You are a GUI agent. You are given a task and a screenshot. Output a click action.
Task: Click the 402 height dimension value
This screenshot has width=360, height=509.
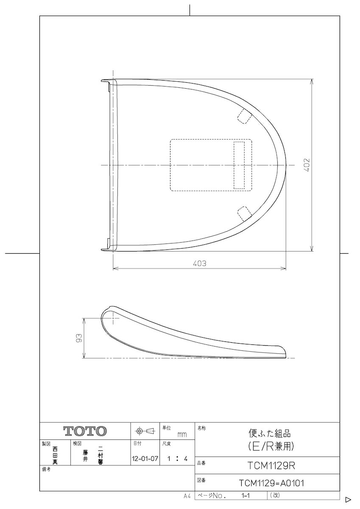(307, 165)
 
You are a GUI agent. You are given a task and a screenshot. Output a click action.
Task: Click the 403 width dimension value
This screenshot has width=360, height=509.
(199, 263)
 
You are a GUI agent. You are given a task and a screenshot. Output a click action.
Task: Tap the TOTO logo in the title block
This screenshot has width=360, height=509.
(85, 431)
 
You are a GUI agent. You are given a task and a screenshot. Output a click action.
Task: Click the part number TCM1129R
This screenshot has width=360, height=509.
(271, 466)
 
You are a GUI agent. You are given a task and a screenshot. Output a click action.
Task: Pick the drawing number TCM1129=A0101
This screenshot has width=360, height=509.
(271, 483)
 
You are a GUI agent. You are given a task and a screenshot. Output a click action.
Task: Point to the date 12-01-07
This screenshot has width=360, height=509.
(145, 459)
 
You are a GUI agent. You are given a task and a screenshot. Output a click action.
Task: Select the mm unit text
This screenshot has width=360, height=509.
(182, 435)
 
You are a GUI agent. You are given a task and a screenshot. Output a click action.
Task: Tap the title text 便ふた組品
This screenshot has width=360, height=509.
(270, 434)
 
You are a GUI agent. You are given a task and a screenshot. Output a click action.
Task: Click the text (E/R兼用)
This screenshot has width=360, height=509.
(271, 446)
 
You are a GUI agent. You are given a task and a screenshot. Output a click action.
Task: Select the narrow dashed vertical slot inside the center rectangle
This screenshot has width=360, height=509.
(240, 165)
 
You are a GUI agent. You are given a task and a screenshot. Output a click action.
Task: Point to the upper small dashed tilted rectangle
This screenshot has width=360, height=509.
(244, 115)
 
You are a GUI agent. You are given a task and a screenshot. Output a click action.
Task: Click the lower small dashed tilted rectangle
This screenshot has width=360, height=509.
(244, 212)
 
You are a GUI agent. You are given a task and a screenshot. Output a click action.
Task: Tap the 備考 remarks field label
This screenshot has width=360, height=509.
(46, 470)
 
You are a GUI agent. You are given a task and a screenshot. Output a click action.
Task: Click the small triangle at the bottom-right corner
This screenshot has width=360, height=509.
(348, 499)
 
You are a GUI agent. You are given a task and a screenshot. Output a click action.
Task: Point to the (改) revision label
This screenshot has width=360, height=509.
(275, 495)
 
